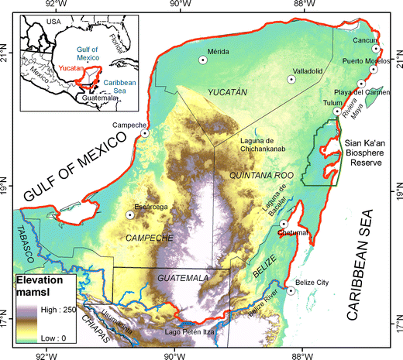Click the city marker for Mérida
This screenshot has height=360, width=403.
point(203,59)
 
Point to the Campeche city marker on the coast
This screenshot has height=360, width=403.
point(145,133)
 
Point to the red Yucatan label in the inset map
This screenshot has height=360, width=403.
point(73,68)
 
